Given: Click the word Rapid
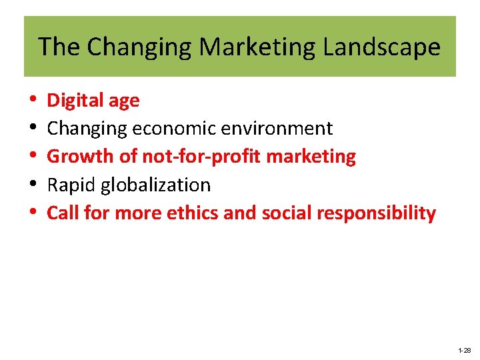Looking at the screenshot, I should [x=70, y=185].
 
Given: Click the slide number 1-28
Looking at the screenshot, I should [x=464, y=350].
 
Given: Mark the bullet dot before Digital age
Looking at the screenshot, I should [x=33, y=101].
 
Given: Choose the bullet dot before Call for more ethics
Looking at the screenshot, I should [x=33, y=214].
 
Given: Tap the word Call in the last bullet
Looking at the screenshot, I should [x=61, y=213].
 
